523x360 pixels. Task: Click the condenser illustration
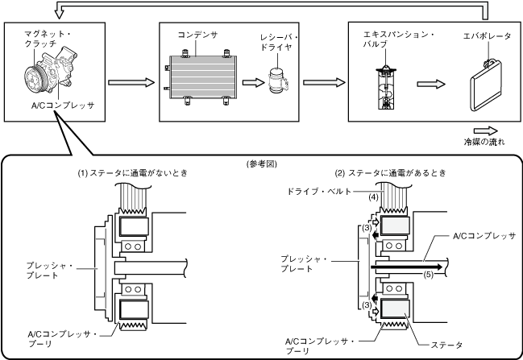(x=201, y=77)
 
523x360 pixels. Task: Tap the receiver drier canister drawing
(x=278, y=81)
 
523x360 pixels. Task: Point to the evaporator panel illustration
(x=486, y=85)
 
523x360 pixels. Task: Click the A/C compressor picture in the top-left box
(x=50, y=73)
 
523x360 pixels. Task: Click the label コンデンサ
(x=197, y=35)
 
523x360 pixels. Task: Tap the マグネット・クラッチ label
(x=48, y=39)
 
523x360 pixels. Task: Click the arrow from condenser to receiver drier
(x=253, y=82)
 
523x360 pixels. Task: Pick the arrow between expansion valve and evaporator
(x=431, y=84)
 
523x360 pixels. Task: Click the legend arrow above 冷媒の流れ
(x=486, y=131)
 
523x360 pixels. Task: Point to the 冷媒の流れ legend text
(x=484, y=142)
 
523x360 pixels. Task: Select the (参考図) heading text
(x=261, y=164)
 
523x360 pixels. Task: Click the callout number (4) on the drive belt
(x=374, y=197)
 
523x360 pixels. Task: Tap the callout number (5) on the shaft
(x=429, y=275)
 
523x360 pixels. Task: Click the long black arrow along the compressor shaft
(x=407, y=267)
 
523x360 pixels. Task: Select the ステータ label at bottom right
(x=446, y=345)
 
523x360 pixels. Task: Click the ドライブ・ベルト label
(x=319, y=192)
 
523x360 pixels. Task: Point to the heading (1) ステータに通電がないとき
(x=133, y=173)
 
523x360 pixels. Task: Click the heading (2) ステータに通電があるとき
(x=391, y=173)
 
